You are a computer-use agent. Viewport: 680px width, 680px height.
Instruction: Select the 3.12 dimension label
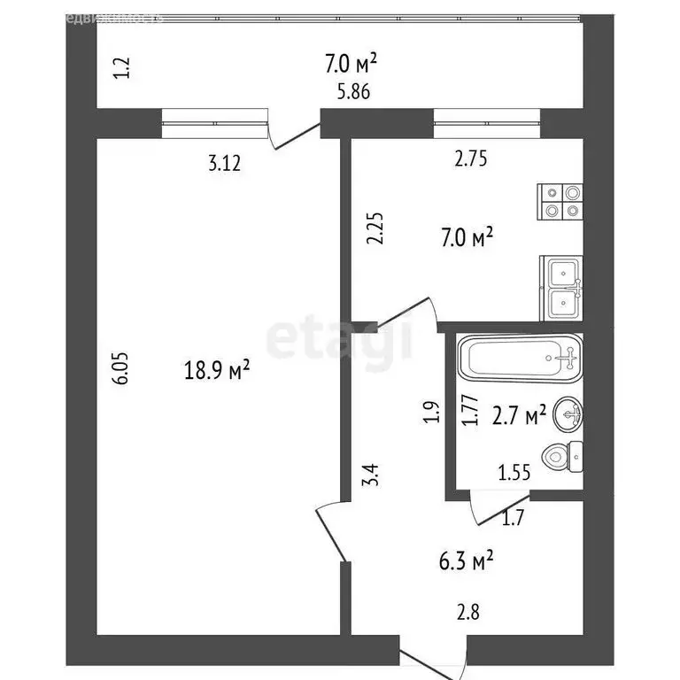[x=225, y=162]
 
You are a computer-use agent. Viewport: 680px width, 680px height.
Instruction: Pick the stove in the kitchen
[x=562, y=202]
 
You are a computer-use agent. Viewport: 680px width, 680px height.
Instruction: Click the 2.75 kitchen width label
[x=471, y=160]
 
